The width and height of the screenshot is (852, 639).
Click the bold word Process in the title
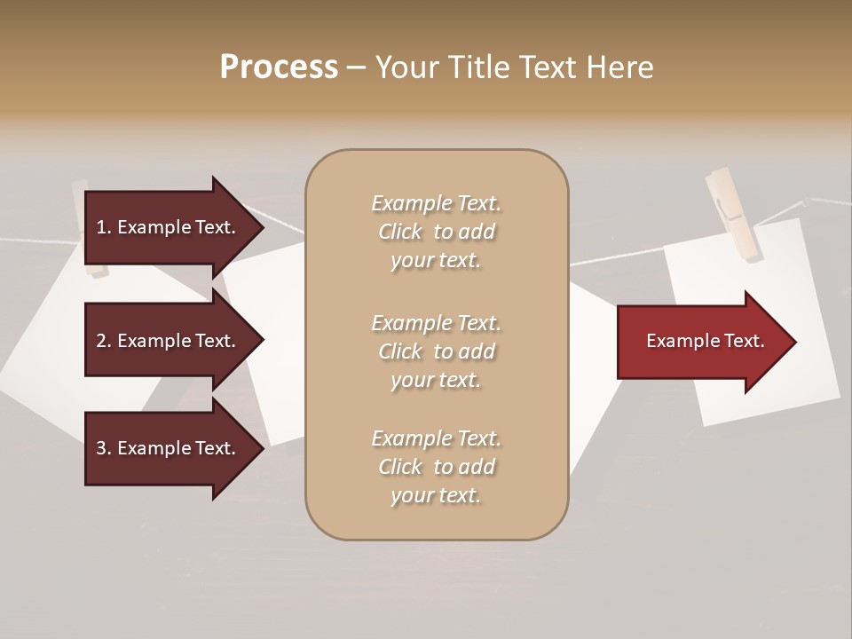point(279,67)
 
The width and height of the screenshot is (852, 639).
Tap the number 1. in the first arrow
point(104,227)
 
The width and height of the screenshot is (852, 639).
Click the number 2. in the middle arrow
point(104,341)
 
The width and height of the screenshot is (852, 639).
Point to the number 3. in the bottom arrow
point(104,448)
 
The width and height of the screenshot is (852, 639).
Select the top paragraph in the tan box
point(436,232)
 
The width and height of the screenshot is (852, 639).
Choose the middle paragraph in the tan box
point(436,351)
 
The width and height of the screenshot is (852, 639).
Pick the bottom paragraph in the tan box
point(436,467)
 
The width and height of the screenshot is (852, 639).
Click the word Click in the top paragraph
point(400,233)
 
